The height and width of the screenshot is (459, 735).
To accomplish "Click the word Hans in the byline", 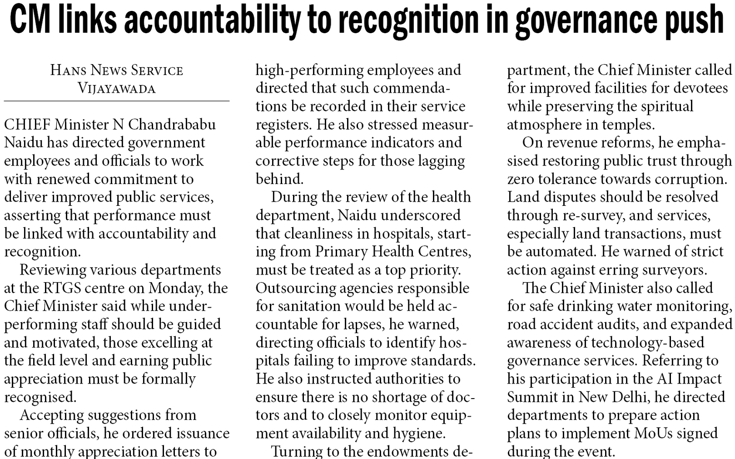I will pyautogui.click(x=69, y=70).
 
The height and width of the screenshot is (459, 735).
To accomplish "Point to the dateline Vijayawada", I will pyautogui.click(x=117, y=88).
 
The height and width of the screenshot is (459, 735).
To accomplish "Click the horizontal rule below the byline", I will pyautogui.click(x=117, y=101).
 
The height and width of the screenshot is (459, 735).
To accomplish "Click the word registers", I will pyautogui.click(x=283, y=125).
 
